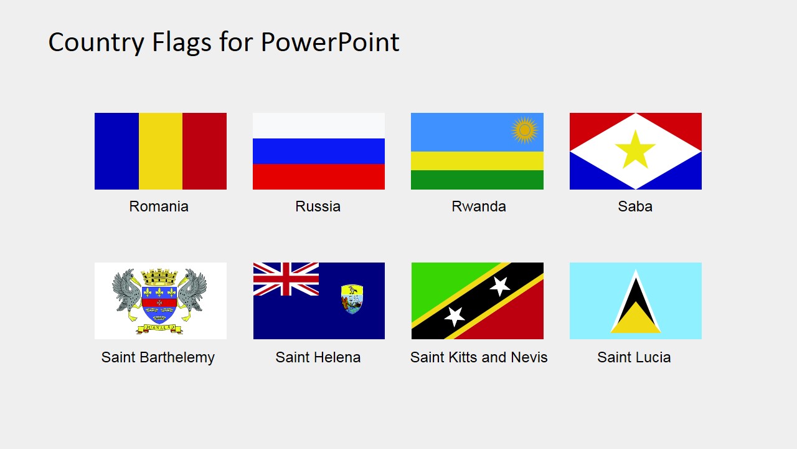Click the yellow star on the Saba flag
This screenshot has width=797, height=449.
635,150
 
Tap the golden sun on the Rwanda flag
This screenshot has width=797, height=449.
524,130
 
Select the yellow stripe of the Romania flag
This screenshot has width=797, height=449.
161,151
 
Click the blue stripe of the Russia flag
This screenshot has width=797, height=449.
319,151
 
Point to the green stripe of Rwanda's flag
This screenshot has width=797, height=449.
477,180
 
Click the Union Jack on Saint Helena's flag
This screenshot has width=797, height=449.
286,279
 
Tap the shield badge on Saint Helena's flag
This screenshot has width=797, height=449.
352,299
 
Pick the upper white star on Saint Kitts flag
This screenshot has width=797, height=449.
500,286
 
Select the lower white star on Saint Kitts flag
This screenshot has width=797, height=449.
455,316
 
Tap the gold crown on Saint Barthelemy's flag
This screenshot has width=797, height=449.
159,277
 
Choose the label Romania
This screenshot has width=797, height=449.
159,206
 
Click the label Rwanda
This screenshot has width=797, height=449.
478,206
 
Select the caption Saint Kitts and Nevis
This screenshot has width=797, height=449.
478,357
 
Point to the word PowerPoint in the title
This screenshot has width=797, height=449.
330,42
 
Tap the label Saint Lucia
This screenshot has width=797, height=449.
634,357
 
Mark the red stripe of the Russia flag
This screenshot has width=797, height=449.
319,176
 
